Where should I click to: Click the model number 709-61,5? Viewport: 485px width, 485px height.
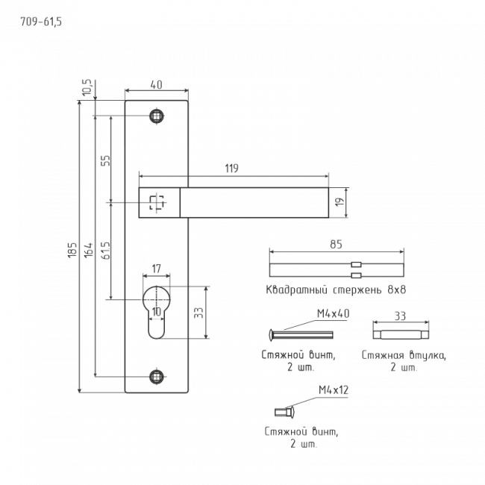tap(41, 22)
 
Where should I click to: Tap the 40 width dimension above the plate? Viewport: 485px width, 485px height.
tap(156, 84)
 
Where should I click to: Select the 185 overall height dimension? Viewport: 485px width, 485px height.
tap(72, 249)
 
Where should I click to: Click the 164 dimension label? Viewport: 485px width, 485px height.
tap(89, 249)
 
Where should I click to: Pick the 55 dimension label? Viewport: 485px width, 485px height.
tap(105, 160)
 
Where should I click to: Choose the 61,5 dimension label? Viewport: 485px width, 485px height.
tap(105, 251)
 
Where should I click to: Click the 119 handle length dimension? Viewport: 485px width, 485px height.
tap(231, 169)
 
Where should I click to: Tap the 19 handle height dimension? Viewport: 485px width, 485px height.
tap(339, 202)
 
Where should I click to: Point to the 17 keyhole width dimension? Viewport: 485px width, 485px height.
tap(156, 269)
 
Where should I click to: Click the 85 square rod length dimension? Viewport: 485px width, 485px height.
tap(337, 244)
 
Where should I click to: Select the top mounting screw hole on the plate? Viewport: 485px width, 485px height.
tap(157, 116)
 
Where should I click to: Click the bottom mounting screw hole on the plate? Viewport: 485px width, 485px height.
tap(157, 377)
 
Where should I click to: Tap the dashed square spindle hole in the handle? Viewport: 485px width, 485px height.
tap(157, 203)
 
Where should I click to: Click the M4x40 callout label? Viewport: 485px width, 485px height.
tap(333, 313)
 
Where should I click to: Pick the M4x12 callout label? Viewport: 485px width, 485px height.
tap(334, 390)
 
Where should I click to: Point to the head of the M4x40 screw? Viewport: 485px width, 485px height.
tap(271, 335)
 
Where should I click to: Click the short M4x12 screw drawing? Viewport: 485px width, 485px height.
tap(285, 412)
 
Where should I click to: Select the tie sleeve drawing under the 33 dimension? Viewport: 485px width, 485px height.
tap(401, 335)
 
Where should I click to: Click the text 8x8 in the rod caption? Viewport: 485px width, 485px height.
tap(397, 290)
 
